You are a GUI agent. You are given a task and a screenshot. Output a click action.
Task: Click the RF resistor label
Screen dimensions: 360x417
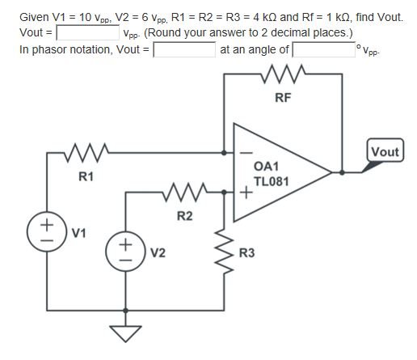click(282, 99)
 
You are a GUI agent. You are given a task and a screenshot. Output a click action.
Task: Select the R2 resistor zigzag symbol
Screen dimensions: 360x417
click(184, 193)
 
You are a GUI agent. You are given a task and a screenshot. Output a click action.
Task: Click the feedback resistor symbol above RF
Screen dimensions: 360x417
click(283, 78)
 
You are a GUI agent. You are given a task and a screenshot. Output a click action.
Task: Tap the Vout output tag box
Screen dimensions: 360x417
click(384, 152)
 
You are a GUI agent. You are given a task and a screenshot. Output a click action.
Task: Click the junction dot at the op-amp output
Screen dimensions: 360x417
click(343, 172)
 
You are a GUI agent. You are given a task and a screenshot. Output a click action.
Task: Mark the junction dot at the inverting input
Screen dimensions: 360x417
click(223, 151)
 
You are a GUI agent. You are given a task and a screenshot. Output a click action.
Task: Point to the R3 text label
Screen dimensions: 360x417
click(247, 252)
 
